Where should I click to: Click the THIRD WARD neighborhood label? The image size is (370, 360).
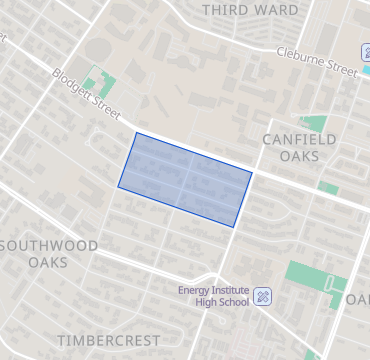(x=250, y=10)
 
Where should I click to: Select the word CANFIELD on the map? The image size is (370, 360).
(x=299, y=139)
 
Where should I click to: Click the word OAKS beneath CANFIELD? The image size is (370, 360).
(x=299, y=156)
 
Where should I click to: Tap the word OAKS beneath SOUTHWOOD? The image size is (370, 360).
(x=49, y=262)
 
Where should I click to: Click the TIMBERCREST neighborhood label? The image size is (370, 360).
(x=107, y=340)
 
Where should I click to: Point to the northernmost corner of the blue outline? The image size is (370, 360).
(x=136, y=133)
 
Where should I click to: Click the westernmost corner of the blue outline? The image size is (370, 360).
(x=119, y=186)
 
